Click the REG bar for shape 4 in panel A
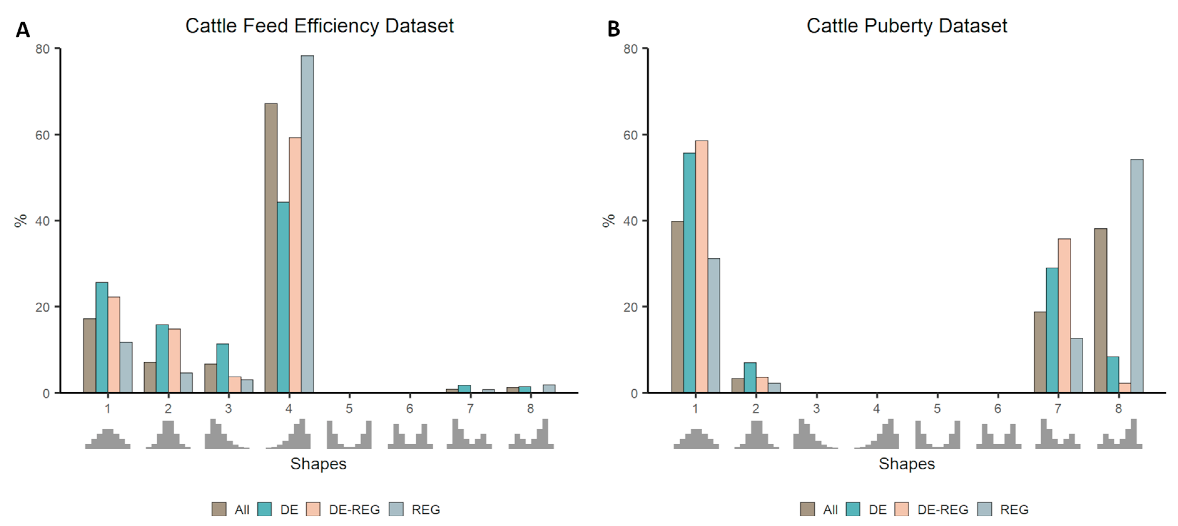coord(307,224)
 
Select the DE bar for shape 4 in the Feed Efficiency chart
coord(283,297)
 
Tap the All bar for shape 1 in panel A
coord(90,356)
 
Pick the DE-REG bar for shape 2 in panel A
coord(174,361)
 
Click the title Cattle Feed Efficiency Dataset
coord(319,26)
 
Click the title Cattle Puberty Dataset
coord(906,26)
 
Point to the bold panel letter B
coord(613,29)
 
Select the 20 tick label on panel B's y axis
coord(630,307)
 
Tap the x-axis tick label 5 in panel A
coord(349,408)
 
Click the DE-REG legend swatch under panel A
coord(313,509)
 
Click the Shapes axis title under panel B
coord(906,464)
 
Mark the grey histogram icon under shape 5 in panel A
coord(349,435)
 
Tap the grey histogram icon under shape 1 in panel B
coord(696,439)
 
